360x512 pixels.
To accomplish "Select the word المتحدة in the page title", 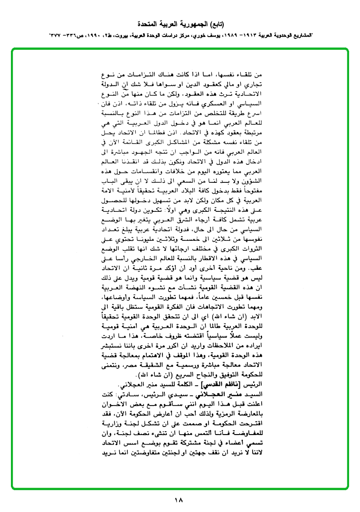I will [x=148, y=24].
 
